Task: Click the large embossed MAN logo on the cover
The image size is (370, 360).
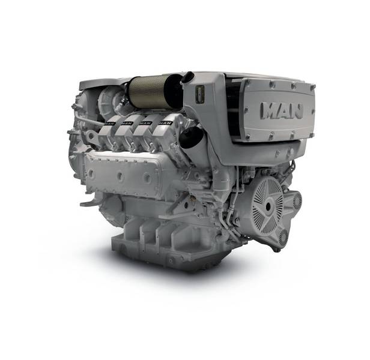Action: pos(281,110)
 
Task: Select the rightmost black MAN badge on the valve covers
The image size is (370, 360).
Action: pos(165,123)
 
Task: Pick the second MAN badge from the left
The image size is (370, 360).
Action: pos(127,123)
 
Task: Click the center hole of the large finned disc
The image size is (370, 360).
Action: pos(268,207)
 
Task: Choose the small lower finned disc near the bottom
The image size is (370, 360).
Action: pos(284,237)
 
